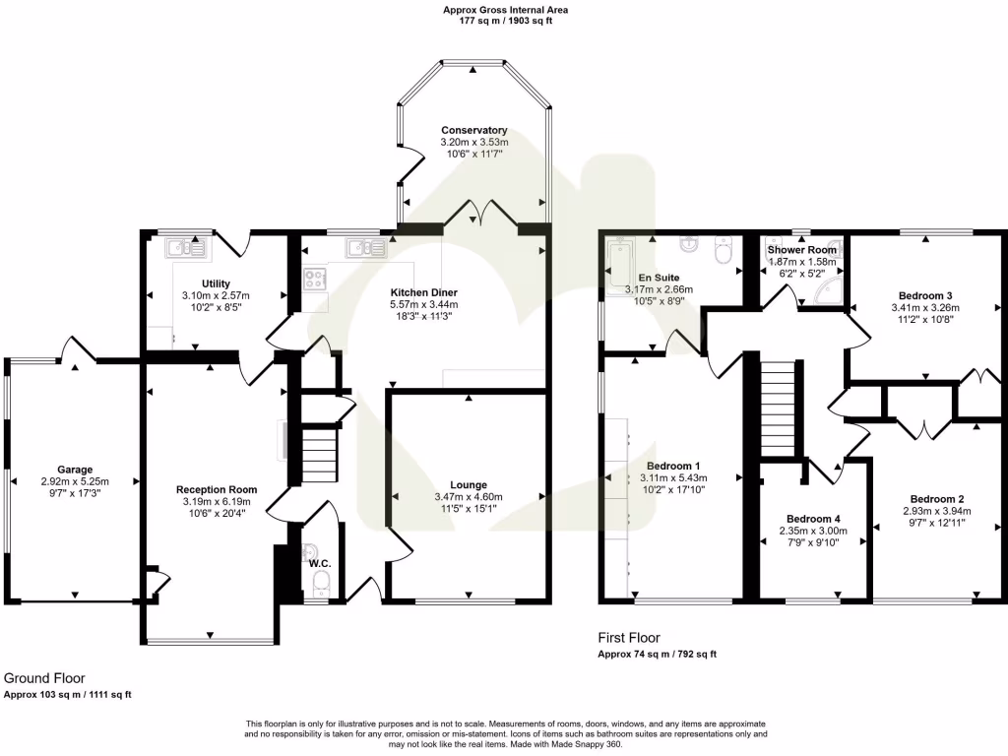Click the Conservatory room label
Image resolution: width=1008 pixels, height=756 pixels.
point(473,130)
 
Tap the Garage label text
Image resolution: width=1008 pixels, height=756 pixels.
point(74,470)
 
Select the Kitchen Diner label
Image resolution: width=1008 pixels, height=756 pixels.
point(423,292)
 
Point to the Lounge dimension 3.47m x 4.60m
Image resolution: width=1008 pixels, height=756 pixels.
point(469,497)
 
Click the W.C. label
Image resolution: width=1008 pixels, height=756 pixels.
point(318,563)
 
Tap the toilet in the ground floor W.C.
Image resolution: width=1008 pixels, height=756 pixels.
point(319,588)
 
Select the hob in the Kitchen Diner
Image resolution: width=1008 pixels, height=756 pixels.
point(316,280)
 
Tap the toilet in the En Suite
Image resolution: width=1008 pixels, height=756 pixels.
point(725,253)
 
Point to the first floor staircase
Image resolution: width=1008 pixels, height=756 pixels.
point(778,408)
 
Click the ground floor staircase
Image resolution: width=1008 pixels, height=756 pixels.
point(318,454)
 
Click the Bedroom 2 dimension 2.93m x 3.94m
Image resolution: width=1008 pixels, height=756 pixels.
point(936,511)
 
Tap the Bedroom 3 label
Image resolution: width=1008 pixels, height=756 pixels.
point(925,294)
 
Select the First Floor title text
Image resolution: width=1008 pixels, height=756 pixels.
point(629,638)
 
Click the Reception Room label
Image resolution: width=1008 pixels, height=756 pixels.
point(217,489)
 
